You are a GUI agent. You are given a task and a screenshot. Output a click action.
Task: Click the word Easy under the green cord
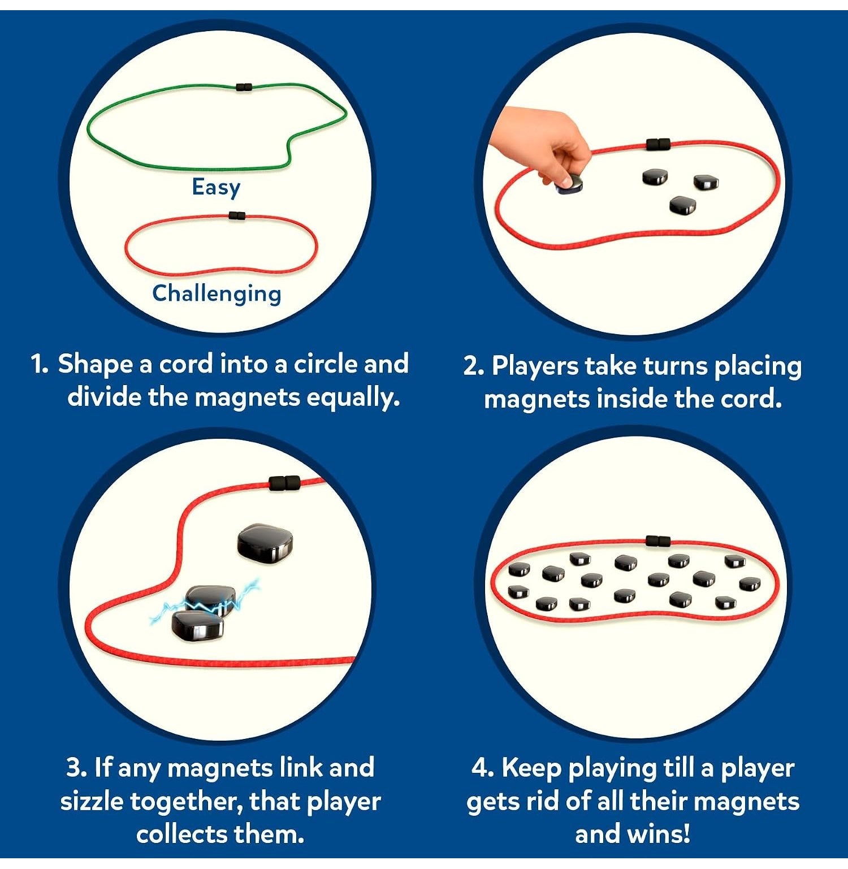216,188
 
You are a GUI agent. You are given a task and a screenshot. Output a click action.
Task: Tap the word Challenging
217,293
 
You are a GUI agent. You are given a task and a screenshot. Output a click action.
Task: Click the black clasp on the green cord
244,87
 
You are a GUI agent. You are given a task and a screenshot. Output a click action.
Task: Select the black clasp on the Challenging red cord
237,215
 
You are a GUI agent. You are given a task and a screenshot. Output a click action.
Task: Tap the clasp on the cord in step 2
658,144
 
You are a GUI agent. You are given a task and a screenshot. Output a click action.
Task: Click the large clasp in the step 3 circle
284,483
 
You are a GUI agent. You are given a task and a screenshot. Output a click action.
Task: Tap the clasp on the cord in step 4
658,541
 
